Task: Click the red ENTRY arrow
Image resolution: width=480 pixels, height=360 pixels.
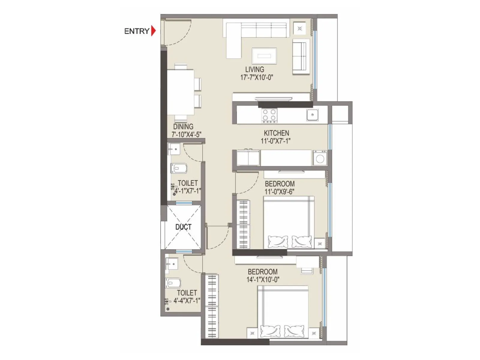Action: pyautogui.click(x=154, y=31)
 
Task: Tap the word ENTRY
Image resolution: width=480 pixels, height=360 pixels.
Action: pyautogui.click(x=137, y=31)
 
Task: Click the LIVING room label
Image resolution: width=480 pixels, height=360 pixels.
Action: pyautogui.click(x=255, y=70)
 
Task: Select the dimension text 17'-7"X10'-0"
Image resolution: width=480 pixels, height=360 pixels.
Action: pyautogui.click(x=256, y=78)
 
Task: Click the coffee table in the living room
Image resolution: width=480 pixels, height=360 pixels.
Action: pyautogui.click(x=264, y=56)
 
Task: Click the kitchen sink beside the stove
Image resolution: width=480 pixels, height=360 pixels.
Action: pyautogui.click(x=313, y=115)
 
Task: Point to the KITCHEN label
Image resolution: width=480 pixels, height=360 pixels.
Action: pyautogui.click(x=276, y=133)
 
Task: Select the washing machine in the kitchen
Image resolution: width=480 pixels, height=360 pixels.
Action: pyautogui.click(x=320, y=158)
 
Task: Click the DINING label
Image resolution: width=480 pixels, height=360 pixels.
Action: pyautogui.click(x=183, y=127)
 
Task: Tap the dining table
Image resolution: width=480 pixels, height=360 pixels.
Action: pyautogui.click(x=180, y=92)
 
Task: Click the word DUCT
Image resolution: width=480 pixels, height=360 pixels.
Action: pyautogui.click(x=183, y=227)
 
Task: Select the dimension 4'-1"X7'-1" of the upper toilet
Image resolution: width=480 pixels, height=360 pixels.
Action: pyautogui.click(x=188, y=190)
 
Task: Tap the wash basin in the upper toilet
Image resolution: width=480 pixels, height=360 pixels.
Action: pyautogui.click(x=174, y=149)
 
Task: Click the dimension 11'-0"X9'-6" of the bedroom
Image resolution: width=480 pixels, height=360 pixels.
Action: pyautogui.click(x=279, y=192)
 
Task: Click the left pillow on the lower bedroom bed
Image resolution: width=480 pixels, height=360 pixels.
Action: pyautogui.click(x=270, y=331)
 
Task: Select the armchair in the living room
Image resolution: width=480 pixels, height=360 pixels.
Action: pyautogui.click(x=301, y=56)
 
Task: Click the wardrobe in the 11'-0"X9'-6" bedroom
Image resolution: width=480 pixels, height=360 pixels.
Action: pyautogui.click(x=243, y=224)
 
